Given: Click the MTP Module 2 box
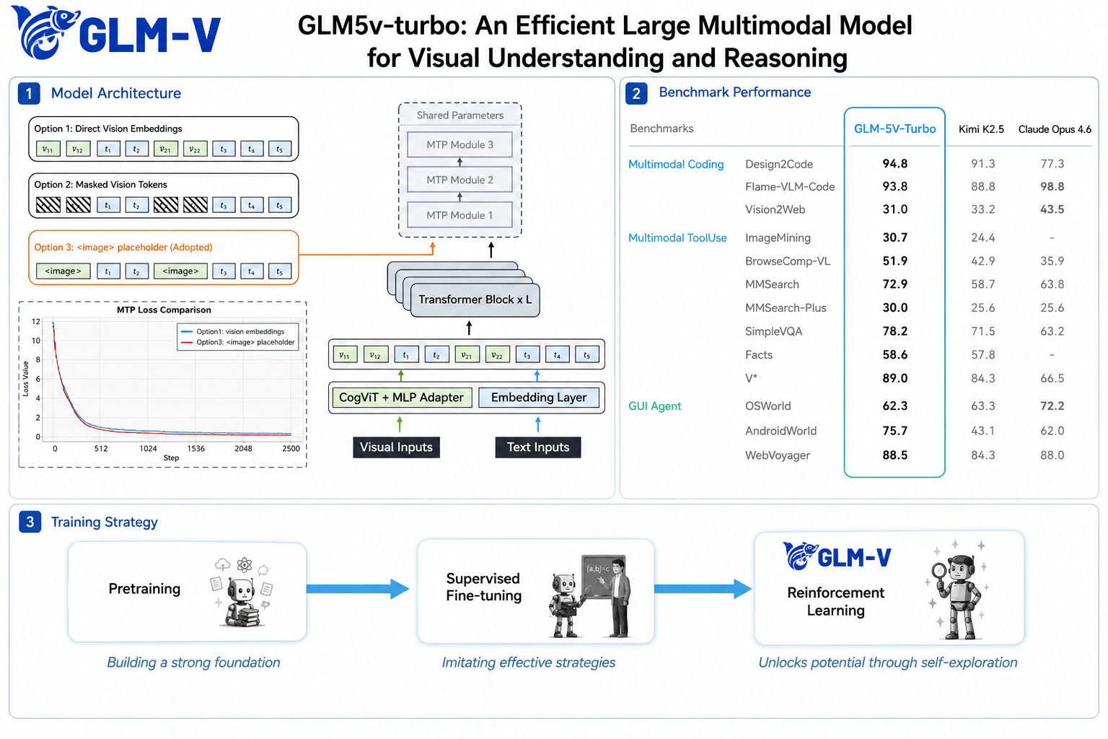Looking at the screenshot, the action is [460, 180].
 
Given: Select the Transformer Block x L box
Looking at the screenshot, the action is [475, 299].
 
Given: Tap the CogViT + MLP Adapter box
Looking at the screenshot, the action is [401, 398].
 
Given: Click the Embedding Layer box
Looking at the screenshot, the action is [539, 398].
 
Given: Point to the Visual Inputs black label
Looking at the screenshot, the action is [396, 447].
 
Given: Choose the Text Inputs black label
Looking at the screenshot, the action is [538, 447].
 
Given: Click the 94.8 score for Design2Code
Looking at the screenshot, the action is [894, 164].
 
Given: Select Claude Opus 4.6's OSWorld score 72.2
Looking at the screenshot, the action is [1052, 406].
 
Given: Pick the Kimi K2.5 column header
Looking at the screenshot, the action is [981, 129].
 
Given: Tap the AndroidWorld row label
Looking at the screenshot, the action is [781, 431].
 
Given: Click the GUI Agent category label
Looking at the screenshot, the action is [654, 406].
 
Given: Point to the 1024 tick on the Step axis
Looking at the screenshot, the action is [148, 448].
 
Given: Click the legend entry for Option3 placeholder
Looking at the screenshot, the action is [237, 343].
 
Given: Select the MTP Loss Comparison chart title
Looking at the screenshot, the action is [164, 310].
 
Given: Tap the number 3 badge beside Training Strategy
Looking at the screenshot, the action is [30, 522].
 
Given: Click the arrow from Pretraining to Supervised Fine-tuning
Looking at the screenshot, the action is [358, 589].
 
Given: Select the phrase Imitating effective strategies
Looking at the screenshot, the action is [528, 663].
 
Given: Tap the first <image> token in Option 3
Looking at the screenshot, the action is [63, 271].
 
